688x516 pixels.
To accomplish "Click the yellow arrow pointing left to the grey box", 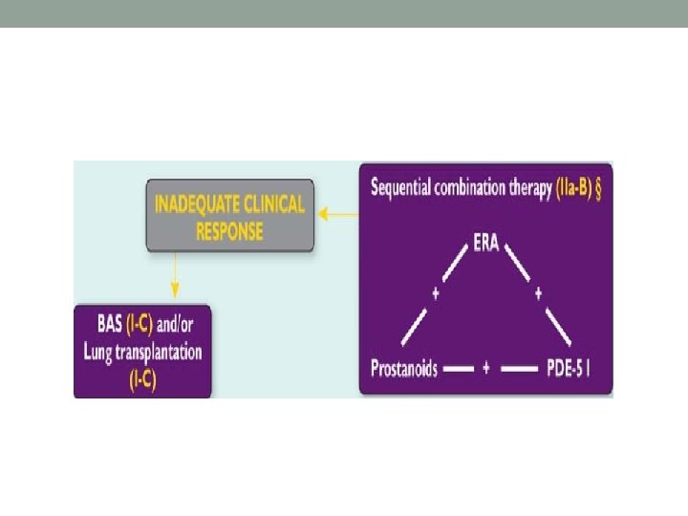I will (337, 215).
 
